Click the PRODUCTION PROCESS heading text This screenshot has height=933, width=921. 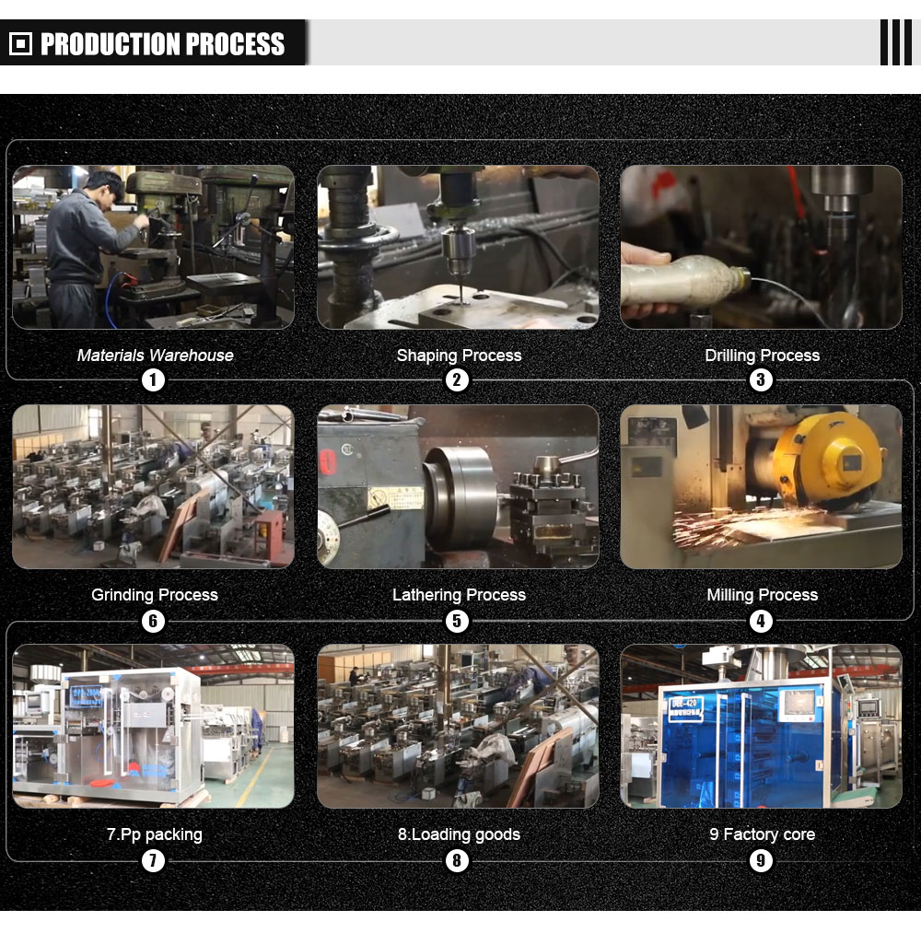[x=162, y=43]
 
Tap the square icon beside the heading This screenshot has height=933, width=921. [x=21, y=43]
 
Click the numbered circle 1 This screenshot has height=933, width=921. [x=153, y=379]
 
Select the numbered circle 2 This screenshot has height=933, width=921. [x=457, y=379]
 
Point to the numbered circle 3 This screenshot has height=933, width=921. [x=761, y=379]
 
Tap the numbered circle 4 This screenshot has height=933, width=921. [x=761, y=621]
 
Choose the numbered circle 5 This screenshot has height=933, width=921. [x=457, y=621]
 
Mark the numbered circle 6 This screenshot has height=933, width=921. [x=153, y=621]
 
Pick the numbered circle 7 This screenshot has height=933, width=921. [x=153, y=860]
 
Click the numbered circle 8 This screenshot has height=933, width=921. [x=457, y=860]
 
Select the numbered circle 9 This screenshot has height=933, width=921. [x=761, y=860]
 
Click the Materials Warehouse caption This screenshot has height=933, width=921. [x=156, y=356]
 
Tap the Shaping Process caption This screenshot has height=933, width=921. [x=459, y=356]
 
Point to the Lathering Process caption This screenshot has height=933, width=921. [x=459, y=595]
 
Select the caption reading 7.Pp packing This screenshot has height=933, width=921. [x=154, y=834]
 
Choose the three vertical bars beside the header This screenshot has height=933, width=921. [x=896, y=42]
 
